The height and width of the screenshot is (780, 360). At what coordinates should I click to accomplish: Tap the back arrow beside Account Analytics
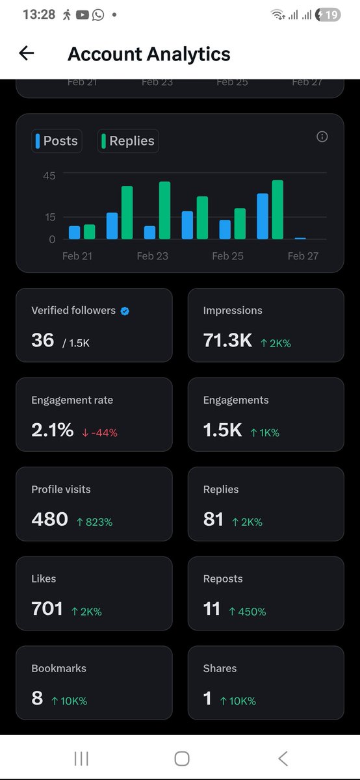(x=26, y=53)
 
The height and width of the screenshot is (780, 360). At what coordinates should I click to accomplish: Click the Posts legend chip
(x=57, y=141)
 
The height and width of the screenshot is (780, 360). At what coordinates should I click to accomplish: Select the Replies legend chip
(x=128, y=141)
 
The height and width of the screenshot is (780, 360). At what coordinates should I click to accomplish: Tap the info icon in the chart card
(x=322, y=136)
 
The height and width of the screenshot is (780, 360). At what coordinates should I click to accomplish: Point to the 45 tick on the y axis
(x=49, y=175)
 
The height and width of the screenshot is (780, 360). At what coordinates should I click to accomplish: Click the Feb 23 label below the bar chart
(x=153, y=256)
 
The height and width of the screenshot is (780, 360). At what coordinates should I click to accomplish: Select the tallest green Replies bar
(x=277, y=209)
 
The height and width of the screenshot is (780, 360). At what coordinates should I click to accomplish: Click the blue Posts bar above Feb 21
(x=74, y=232)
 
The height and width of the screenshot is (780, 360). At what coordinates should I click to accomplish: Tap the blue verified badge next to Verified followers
(x=125, y=311)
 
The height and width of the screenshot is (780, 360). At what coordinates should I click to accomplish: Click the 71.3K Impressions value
(x=227, y=340)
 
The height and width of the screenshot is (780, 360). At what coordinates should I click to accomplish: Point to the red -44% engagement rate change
(x=99, y=432)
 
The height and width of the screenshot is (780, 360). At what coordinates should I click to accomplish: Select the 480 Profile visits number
(x=49, y=519)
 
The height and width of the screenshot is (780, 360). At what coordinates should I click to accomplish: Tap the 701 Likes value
(x=47, y=609)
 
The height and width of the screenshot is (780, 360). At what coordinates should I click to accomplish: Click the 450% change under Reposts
(x=247, y=612)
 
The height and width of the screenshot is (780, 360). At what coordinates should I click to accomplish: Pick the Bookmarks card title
(x=58, y=668)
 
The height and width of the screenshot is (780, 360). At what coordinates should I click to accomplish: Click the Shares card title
(x=220, y=668)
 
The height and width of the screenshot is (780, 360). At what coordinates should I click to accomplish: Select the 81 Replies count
(x=213, y=519)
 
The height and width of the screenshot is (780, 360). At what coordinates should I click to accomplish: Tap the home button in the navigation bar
(x=182, y=758)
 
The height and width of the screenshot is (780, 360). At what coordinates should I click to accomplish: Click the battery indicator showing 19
(x=329, y=14)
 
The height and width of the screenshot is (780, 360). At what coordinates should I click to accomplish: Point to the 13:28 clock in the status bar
(x=38, y=14)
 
